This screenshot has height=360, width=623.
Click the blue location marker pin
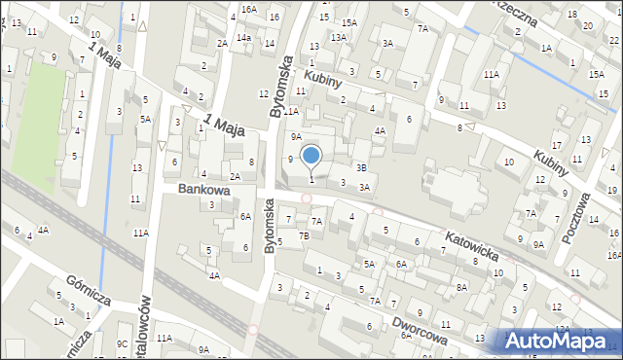[311, 156]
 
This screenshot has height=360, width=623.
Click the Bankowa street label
[203, 190]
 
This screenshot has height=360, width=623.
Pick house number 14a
[245, 38]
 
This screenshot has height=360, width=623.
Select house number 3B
[361, 167]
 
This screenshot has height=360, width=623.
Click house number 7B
[304, 236]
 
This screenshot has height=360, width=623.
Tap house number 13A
[338, 37]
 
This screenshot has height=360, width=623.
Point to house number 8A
[461, 287]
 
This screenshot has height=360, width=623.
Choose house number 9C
[123, 343]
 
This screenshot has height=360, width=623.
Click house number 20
[586, 25]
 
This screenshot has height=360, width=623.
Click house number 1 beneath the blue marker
[311, 178]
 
